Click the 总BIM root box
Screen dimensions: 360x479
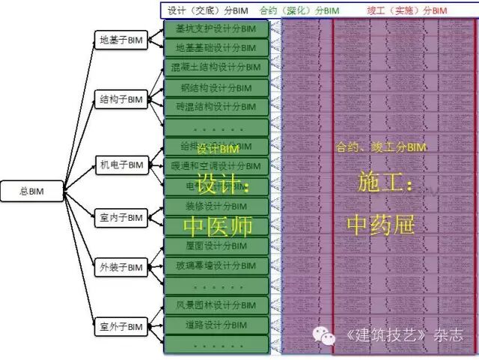click(32, 192)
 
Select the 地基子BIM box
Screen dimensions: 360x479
click(120, 40)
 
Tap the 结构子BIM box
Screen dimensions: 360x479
click(120, 98)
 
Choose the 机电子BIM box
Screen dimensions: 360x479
click(120, 164)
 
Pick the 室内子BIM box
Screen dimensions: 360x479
click(120, 218)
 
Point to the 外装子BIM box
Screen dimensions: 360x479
click(120, 267)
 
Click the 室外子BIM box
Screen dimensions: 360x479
click(120, 326)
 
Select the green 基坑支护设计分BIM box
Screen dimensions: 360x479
click(216, 29)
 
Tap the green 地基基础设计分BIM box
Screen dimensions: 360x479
click(216, 48)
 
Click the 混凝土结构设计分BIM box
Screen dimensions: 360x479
click(216, 67)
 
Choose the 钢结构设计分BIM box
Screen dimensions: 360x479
click(216, 88)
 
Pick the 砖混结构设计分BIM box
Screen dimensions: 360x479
click(216, 107)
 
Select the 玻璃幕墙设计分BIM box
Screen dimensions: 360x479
click(216, 265)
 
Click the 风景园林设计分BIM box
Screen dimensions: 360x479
click(216, 305)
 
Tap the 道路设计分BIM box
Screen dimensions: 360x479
click(216, 325)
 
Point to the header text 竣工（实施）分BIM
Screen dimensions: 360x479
click(407, 10)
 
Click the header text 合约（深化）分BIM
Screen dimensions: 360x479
click(299, 10)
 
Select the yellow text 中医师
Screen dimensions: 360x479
click(217, 225)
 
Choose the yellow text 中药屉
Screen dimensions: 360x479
click(380, 224)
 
